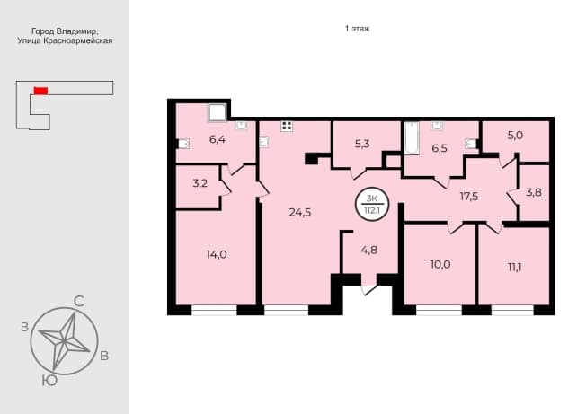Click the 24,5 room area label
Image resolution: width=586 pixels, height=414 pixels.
pos(299,213)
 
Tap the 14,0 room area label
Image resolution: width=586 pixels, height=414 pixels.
pos(217,254)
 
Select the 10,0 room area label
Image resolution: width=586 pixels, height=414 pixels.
pos(439,265)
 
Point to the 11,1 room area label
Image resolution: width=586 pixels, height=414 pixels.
pos(515,268)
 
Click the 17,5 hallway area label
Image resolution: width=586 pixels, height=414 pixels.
pos(469,197)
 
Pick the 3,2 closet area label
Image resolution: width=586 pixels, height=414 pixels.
pos(200,184)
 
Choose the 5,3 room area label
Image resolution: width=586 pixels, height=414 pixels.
pos(362,144)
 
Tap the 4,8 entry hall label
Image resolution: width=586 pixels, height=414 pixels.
pos(368,250)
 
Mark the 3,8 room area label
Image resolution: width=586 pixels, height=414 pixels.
pos(534,192)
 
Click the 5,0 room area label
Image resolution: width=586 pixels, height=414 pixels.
pos(515,135)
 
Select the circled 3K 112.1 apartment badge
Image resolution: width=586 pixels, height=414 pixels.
pos(372,204)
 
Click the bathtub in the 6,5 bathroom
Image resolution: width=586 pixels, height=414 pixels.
pos(412,137)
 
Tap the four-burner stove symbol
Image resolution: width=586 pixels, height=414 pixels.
pos(287,126)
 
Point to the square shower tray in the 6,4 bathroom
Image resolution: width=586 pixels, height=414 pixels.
pos(218,113)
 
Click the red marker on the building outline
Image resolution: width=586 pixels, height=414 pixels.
pos(40,91)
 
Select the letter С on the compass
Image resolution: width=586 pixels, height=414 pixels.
pos(79,301)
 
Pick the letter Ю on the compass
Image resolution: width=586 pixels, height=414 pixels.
pos(49,381)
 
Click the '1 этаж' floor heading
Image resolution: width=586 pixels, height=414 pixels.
pos(358,29)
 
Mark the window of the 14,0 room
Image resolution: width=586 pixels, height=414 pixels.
pos(214,310)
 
